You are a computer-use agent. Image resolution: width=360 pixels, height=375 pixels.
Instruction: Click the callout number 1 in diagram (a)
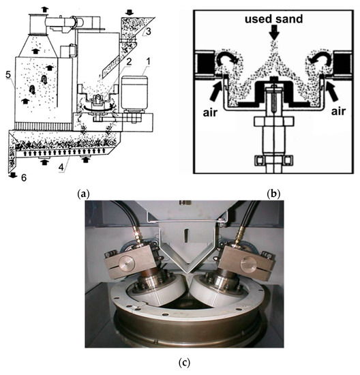149,61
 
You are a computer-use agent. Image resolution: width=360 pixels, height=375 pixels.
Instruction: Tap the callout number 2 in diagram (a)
129,62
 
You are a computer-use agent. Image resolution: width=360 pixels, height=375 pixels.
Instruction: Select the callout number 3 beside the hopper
149,31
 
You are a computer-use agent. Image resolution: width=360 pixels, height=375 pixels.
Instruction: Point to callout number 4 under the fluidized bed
61,167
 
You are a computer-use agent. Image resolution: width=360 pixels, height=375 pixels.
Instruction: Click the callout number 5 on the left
8,75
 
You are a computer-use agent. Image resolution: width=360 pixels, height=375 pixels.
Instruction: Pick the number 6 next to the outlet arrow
24,178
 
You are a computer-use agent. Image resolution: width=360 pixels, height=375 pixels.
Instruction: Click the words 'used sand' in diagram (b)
273,19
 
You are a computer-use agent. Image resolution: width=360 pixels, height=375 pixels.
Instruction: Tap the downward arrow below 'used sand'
274,33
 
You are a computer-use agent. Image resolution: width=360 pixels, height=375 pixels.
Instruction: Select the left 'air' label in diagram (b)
210,112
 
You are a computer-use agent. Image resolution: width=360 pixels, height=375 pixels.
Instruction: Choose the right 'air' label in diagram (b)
338,111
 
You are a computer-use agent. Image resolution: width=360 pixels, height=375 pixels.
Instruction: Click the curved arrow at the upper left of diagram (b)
226,59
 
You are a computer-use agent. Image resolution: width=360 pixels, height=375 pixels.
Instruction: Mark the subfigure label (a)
83,194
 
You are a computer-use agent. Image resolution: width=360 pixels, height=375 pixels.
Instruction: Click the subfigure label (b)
273,194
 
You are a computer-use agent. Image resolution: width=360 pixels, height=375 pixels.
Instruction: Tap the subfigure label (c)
184,363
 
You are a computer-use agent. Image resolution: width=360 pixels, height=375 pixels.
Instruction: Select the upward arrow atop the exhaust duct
45,10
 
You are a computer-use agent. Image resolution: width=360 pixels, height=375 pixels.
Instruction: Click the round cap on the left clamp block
126,261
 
